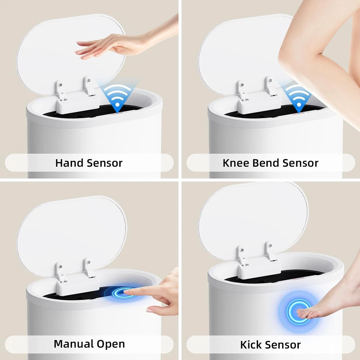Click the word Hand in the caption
[x=69, y=163]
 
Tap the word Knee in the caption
[x=236, y=163]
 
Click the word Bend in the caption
[x=266, y=163]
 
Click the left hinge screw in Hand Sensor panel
[x=60, y=84]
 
